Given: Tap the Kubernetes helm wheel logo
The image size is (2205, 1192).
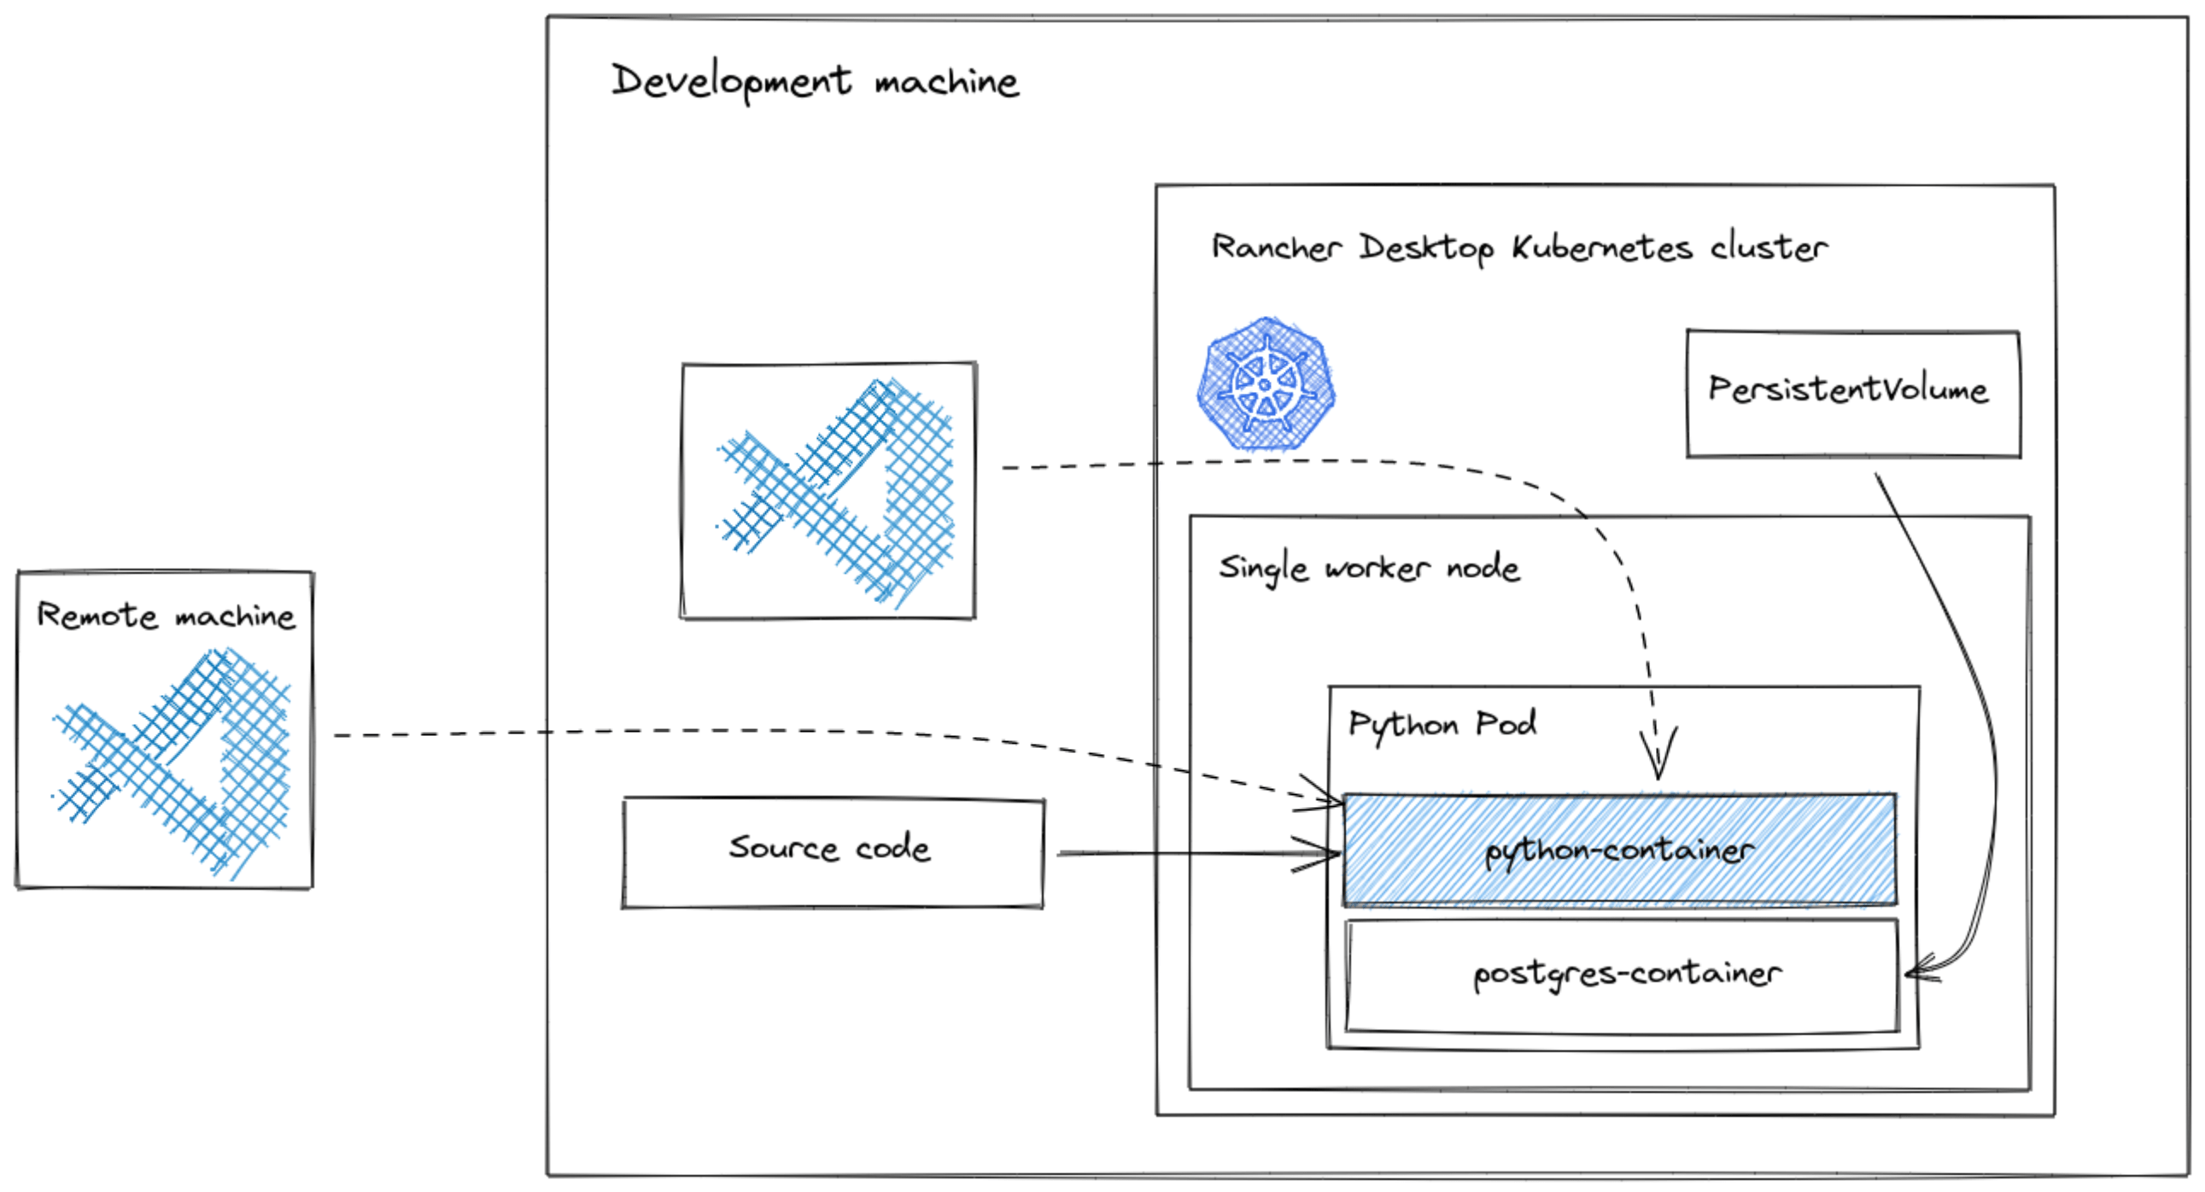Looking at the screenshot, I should pyautogui.click(x=1266, y=384).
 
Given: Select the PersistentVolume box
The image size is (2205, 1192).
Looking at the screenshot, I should pyautogui.click(x=1852, y=394).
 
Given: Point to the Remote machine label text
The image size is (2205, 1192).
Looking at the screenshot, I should pyautogui.click(x=165, y=616).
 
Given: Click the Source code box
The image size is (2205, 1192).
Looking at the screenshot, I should pyautogui.click(x=832, y=852).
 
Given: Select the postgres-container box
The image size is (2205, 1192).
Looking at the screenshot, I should pyautogui.click(x=1622, y=975).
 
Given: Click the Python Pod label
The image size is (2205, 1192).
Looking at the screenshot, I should pyautogui.click(x=1442, y=725).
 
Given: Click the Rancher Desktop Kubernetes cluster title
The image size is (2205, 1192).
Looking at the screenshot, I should pyautogui.click(x=1518, y=248).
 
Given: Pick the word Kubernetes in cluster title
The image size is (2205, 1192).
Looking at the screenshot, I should pyautogui.click(x=1600, y=248).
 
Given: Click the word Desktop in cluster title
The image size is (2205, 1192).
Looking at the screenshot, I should pyautogui.click(x=1426, y=249).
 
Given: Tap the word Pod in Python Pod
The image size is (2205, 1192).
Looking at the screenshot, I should pyautogui.click(x=1506, y=724).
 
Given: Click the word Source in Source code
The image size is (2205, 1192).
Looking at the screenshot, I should pyautogui.click(x=783, y=848).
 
